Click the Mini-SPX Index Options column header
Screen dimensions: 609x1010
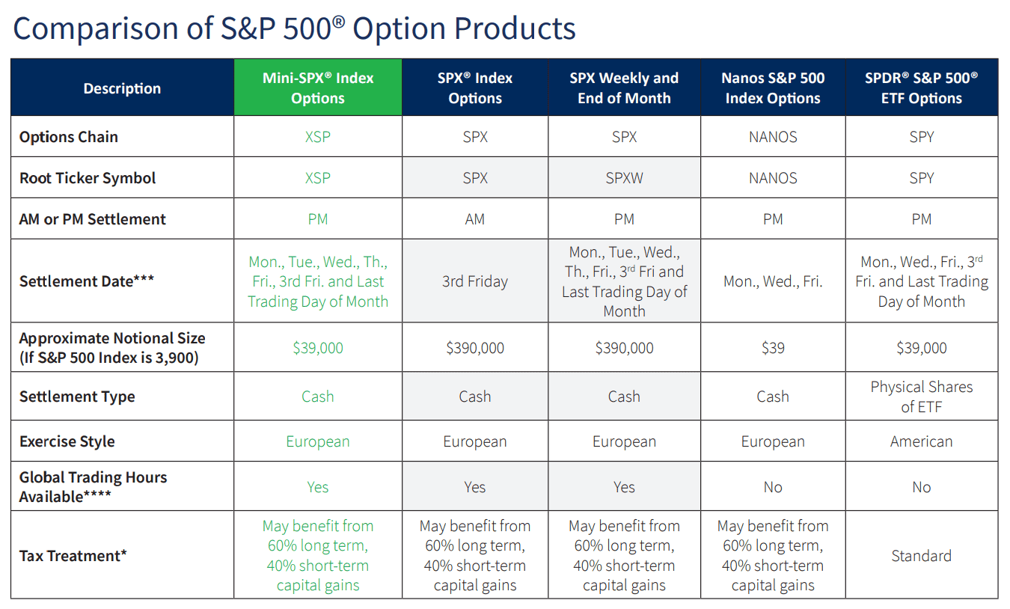point(318,88)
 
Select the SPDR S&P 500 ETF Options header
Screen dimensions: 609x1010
point(921,88)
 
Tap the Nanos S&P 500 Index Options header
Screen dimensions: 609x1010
point(773,88)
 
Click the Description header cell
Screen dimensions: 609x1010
point(122,88)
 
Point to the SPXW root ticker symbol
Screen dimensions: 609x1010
point(624,178)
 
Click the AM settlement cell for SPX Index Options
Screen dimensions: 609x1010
point(475,219)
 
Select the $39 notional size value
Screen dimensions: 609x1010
point(773,348)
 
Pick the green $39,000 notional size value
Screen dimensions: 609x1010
point(318,348)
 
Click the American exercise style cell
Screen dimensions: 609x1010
point(921,441)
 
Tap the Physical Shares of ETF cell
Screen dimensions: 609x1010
point(921,397)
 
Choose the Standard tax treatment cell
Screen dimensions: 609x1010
point(921,556)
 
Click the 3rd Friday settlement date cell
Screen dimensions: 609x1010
point(475,282)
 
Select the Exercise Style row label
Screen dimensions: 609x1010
point(67,441)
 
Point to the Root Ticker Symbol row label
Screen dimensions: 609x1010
point(88,178)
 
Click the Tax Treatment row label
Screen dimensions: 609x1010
point(73,556)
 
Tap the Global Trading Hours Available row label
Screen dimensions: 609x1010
point(93,486)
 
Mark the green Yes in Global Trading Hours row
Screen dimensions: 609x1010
point(318,487)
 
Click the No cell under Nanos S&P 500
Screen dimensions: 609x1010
point(773,487)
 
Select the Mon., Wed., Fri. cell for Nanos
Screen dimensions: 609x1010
point(773,282)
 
